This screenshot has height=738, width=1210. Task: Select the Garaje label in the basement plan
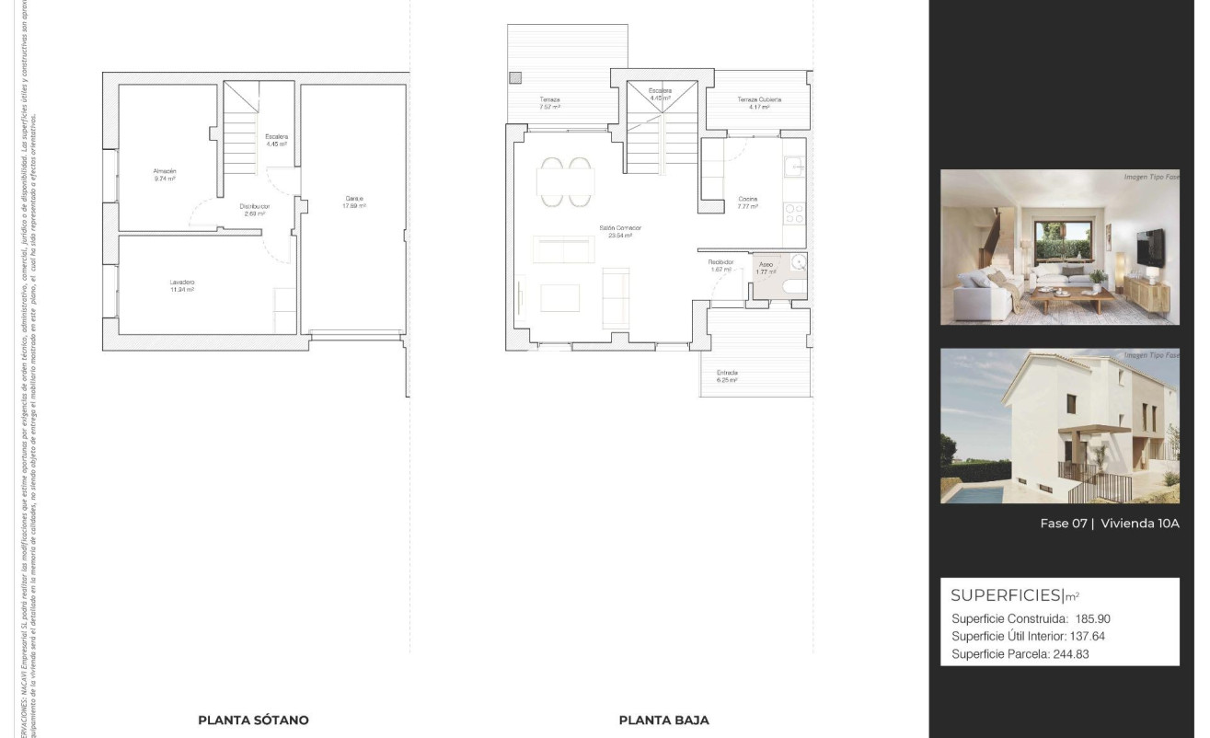[x=355, y=201]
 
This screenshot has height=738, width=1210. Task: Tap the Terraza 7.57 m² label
[x=549, y=102]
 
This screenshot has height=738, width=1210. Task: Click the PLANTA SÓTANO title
[x=253, y=720]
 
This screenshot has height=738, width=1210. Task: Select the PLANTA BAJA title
[x=663, y=720]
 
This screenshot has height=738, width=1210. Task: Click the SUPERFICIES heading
[x=1006, y=594]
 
